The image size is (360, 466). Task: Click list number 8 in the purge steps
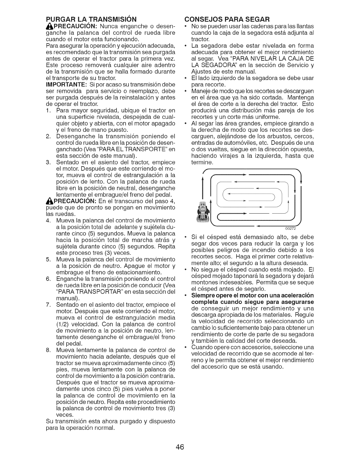[x=49, y=350]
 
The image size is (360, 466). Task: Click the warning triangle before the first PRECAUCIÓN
[x=49, y=26]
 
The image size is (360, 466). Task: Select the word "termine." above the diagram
[x=202, y=162]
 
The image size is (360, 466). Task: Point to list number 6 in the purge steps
[x=49, y=279]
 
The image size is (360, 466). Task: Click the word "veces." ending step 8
[x=64, y=415]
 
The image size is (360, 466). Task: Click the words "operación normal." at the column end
[x=88, y=428]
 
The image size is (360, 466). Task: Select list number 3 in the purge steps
[x=49, y=162]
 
